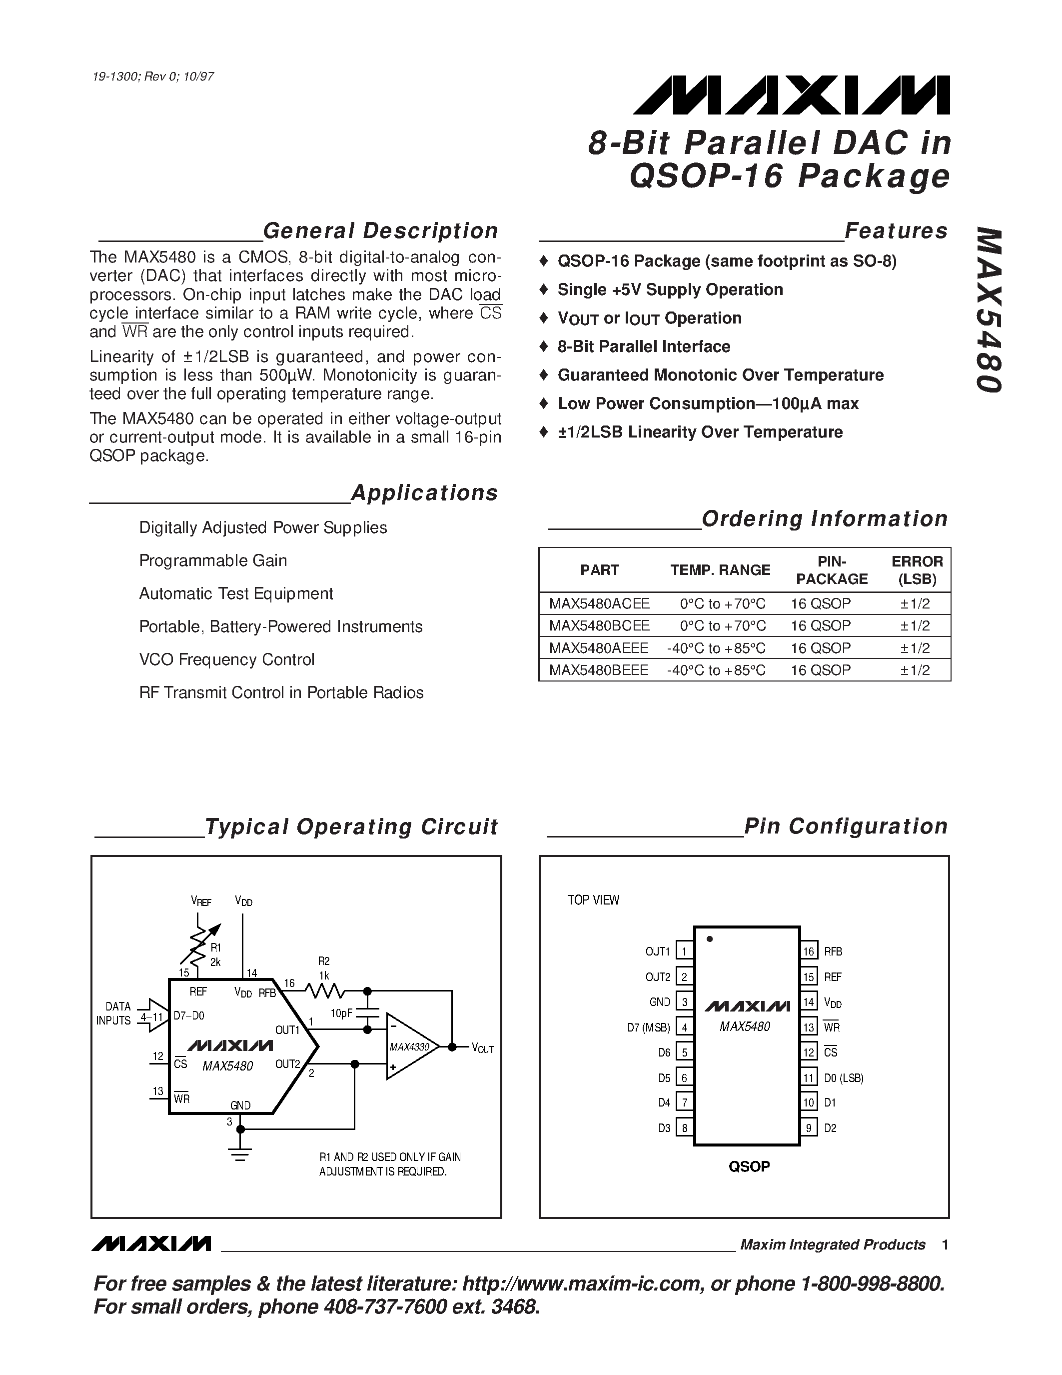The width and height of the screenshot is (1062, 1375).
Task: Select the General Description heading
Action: (380, 231)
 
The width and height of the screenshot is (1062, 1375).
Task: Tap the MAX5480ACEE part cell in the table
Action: (599, 604)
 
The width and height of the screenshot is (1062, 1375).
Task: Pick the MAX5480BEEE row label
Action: (598, 670)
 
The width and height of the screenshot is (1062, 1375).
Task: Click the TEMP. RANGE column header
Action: (720, 570)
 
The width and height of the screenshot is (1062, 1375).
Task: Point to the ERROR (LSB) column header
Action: (917, 570)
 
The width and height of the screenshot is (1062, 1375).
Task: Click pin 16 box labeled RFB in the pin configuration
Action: (809, 951)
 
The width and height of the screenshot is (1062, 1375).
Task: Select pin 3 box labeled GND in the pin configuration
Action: (684, 1001)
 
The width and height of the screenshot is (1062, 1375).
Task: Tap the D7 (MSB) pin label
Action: (648, 1027)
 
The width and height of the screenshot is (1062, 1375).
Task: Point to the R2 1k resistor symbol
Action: (324, 991)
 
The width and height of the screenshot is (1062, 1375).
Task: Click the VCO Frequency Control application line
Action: (226, 660)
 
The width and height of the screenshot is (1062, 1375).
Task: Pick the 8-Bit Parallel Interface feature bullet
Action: (643, 347)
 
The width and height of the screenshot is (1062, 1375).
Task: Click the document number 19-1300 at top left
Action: (119, 77)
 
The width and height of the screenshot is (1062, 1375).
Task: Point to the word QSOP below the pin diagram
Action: (749, 1166)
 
